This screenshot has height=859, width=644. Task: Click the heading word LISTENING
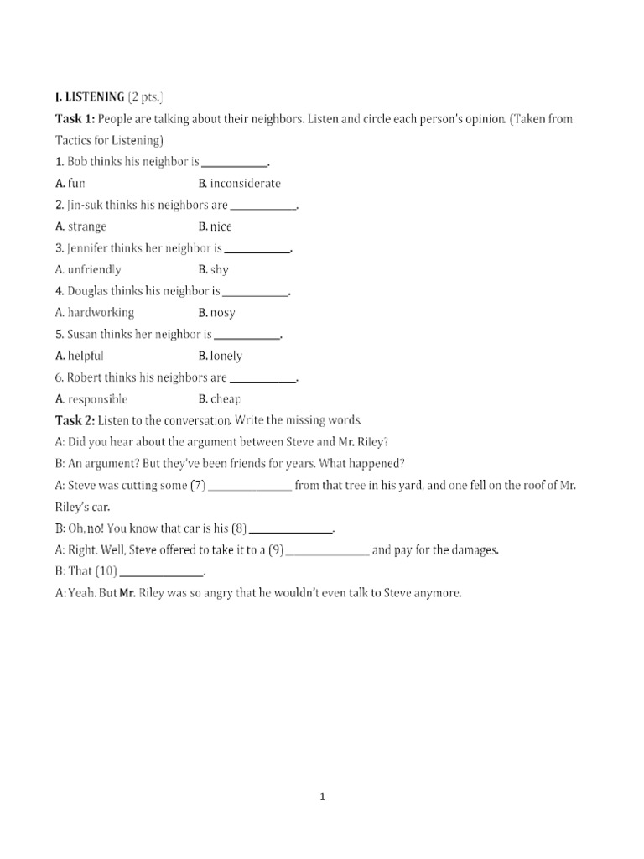coord(94,97)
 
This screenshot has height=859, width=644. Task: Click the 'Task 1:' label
coord(75,119)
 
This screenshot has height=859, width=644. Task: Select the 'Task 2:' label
coord(75,419)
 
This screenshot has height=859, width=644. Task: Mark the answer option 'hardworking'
coord(101,313)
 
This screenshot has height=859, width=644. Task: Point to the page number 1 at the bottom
coord(322,797)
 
